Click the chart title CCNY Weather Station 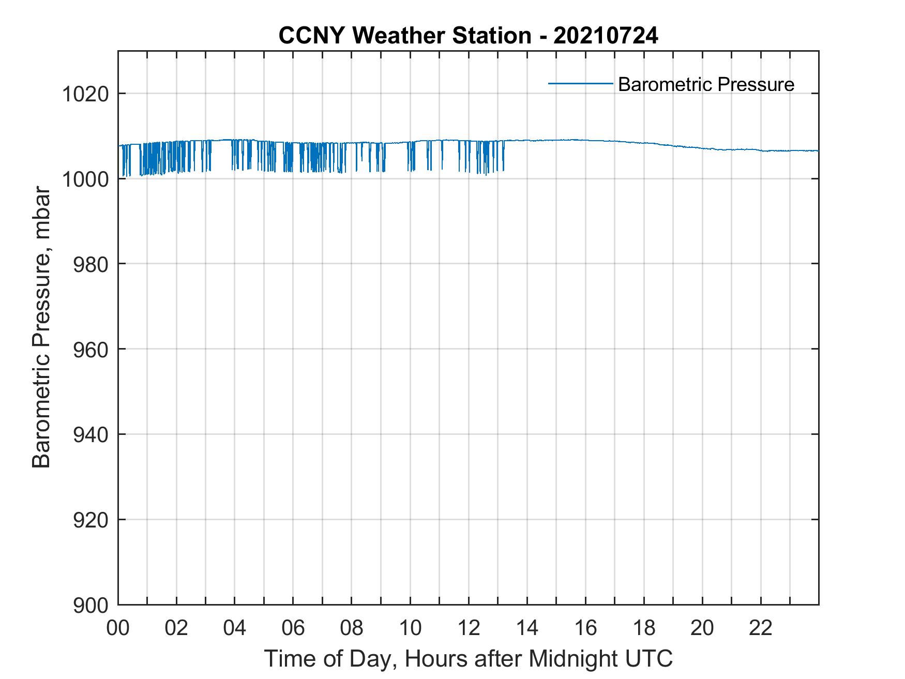click(405, 36)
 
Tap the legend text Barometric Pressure click(706, 84)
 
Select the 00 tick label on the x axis click(118, 628)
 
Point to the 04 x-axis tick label click(235, 628)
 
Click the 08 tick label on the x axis click(352, 628)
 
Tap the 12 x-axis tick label click(469, 628)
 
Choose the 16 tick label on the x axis click(585, 628)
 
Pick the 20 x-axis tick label click(702, 628)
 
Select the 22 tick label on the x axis click(761, 628)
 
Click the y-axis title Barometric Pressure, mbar click(41, 327)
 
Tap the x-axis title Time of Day click(468, 659)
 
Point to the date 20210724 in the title click(606, 36)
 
